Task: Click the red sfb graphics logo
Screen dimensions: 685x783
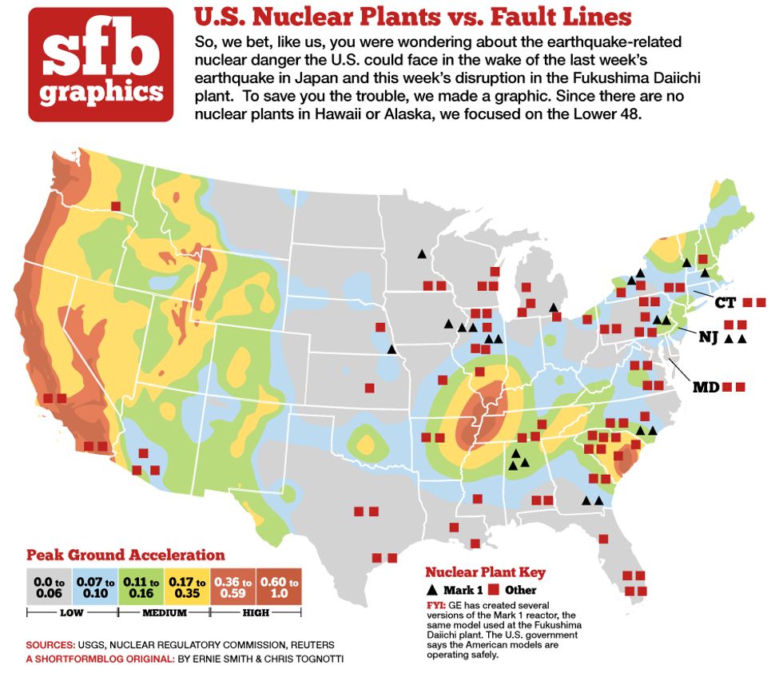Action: pos(101,64)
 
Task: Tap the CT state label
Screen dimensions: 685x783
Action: pos(725,303)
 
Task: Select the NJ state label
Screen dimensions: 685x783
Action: pos(708,337)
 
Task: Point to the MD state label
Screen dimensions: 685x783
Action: pos(705,388)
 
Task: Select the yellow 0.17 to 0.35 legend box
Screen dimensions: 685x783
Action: pos(188,588)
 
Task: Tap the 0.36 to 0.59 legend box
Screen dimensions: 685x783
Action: pos(234,588)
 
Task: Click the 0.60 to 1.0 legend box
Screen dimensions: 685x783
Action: pos(280,588)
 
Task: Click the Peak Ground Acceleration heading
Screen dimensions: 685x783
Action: pos(125,555)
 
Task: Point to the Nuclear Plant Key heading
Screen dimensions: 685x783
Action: pos(485,572)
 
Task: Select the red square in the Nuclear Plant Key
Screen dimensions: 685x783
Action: pos(494,591)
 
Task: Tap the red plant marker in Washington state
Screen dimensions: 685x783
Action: pos(116,206)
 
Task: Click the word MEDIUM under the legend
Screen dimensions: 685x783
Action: pos(165,613)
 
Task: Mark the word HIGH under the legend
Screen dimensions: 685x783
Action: pos(257,613)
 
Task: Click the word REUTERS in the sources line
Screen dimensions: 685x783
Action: pos(307,644)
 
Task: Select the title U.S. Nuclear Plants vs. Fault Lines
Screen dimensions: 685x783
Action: pos(413,17)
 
